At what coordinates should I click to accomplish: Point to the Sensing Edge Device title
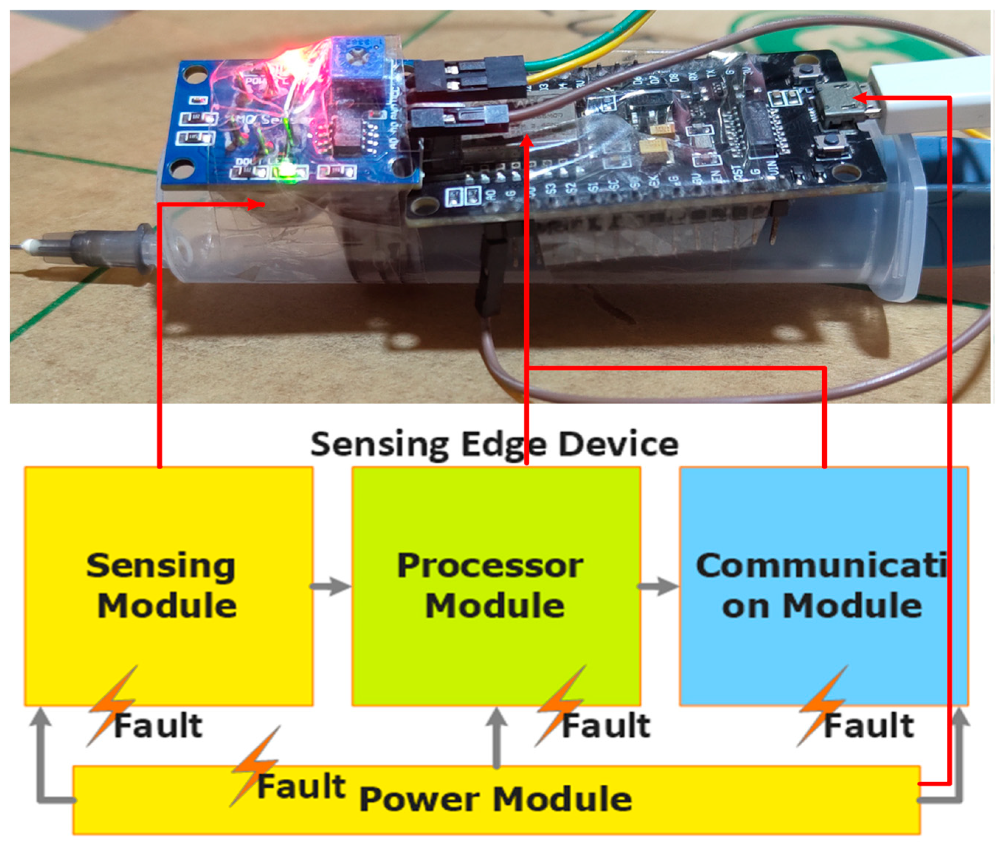[x=495, y=444]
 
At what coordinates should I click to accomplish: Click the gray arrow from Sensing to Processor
[x=331, y=586]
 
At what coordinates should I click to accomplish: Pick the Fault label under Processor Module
[x=606, y=726]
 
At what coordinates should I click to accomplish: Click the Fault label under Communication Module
[x=868, y=726]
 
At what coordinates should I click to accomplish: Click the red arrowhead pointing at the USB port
[x=860, y=98]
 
